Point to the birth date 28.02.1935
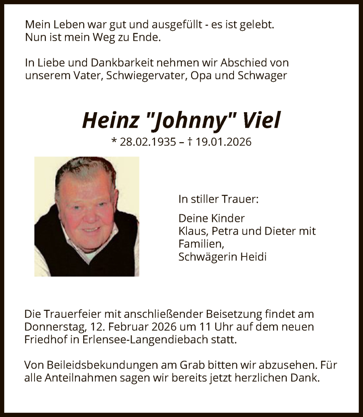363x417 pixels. [x=147, y=142]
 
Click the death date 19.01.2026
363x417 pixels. [x=225, y=142]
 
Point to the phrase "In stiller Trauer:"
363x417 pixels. [x=218, y=199]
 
